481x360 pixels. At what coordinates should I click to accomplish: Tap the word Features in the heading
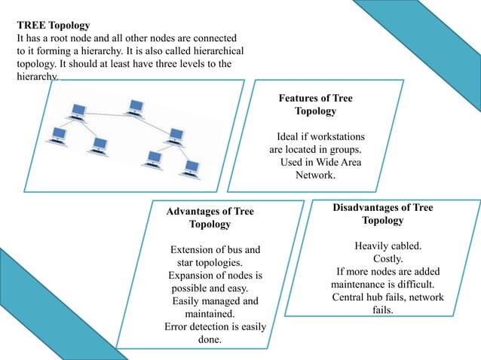point(297,98)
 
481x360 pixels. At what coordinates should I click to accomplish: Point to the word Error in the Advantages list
point(178,327)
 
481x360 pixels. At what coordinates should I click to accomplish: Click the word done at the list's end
point(209,340)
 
